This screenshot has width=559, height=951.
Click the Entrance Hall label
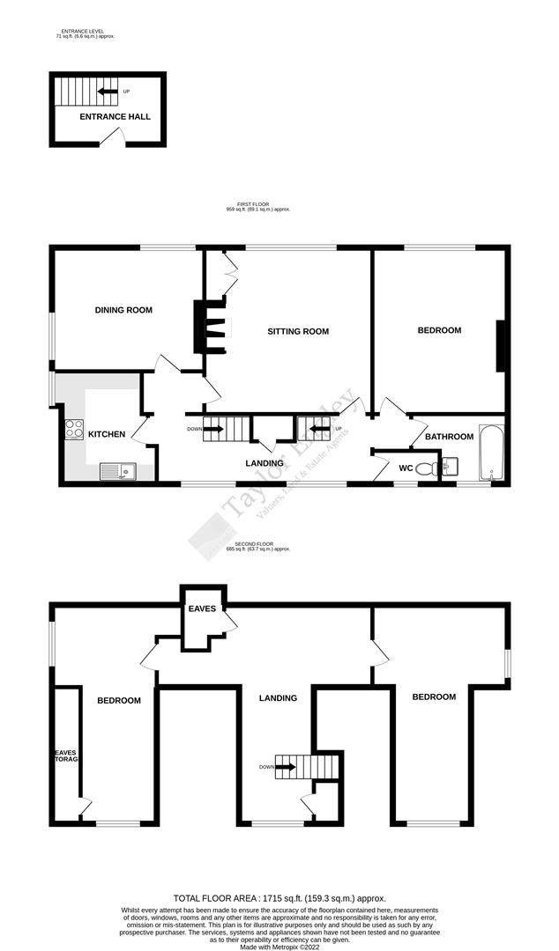pos(115,116)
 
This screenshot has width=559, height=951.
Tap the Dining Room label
pos(123,310)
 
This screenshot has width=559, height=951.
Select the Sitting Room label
pos(298,332)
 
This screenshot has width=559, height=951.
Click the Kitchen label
pos(107,434)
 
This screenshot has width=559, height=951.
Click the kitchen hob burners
pos(73,431)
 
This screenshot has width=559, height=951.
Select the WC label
pos(406,468)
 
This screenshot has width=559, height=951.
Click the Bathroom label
pos(450,437)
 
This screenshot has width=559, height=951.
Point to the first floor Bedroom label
pos(439,330)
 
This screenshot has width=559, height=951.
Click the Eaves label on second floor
pos(202,608)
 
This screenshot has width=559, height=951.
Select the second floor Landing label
pos(278,697)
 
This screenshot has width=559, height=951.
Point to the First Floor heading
pos(258,207)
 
